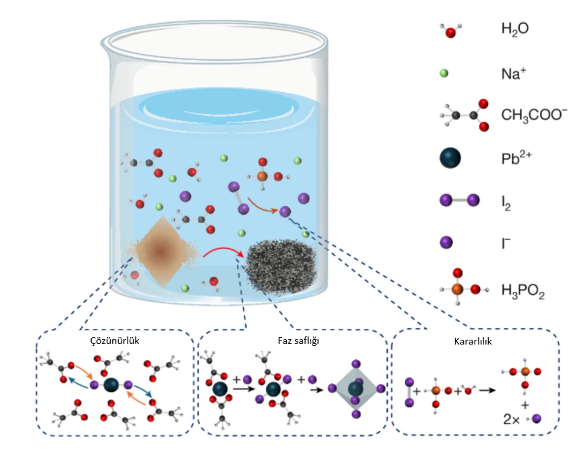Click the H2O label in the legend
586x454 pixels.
tap(515, 29)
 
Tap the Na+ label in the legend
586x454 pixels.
tap(514, 74)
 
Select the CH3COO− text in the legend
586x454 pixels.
tap(534, 115)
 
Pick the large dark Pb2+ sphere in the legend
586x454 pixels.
tap(450, 158)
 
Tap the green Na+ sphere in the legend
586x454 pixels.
tap(444, 73)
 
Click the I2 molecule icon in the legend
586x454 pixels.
tap(459, 200)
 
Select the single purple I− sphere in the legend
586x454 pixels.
tap(446, 243)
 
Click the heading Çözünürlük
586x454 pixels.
tap(115, 341)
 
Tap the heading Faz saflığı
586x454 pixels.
tap(298, 341)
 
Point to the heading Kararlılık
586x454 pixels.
tap(473, 341)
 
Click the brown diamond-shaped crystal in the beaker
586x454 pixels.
tap(161, 252)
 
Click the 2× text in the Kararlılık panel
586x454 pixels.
tap(511, 419)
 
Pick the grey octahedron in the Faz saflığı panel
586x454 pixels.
tap(356, 389)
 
